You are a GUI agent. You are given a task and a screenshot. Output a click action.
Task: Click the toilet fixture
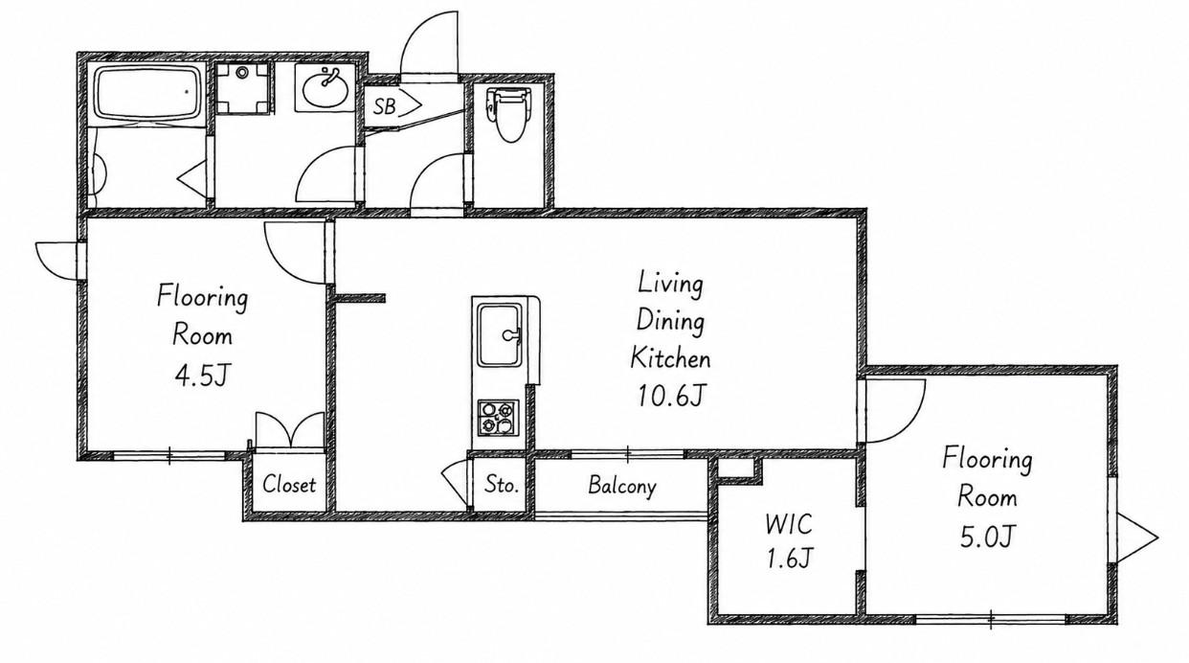[508, 114]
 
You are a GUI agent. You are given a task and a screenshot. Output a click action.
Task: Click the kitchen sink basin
[500, 334]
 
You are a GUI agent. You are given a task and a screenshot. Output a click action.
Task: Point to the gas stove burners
[498, 418]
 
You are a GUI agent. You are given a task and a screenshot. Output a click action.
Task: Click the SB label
[384, 106]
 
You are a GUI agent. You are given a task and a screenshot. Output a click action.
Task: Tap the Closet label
[289, 484]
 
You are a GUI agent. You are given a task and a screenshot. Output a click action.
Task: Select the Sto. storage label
[502, 485]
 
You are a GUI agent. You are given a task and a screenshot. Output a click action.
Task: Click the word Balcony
[622, 486]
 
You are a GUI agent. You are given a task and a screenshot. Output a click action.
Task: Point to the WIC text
[789, 524]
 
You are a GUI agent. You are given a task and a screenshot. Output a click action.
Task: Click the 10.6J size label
[671, 396]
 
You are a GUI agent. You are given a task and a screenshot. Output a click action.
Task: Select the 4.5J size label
[202, 376]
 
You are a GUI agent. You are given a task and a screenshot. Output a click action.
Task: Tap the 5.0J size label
[987, 537]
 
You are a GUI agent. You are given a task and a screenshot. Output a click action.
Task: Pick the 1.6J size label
[789, 559]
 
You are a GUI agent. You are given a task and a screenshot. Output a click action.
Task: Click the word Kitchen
[670, 357]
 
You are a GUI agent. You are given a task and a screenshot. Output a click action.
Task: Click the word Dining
[670, 321]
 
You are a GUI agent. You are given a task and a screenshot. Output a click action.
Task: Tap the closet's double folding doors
[290, 430]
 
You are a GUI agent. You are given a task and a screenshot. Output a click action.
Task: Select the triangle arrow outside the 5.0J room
[1137, 537]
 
